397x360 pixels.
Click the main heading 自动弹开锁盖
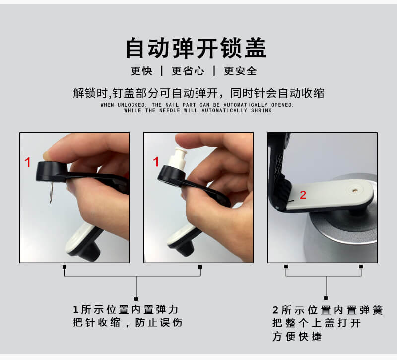[196, 48]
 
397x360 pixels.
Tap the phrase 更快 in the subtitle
[141, 71]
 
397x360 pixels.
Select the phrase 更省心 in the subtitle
[188, 71]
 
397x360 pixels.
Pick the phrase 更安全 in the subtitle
[241, 71]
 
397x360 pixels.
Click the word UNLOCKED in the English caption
[132, 105]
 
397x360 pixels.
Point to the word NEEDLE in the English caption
[170, 110]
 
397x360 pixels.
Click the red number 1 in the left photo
[28, 162]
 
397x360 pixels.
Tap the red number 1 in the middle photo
[156, 162]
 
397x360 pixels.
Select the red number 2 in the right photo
[303, 195]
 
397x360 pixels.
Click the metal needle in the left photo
[51, 192]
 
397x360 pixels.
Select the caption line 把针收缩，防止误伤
[128, 322]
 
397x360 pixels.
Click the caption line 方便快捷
[297, 337]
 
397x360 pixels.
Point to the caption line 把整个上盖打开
[317, 323]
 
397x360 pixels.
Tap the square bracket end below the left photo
[65, 267]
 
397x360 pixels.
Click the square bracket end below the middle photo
[200, 267]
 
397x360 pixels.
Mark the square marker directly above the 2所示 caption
[326, 298]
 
